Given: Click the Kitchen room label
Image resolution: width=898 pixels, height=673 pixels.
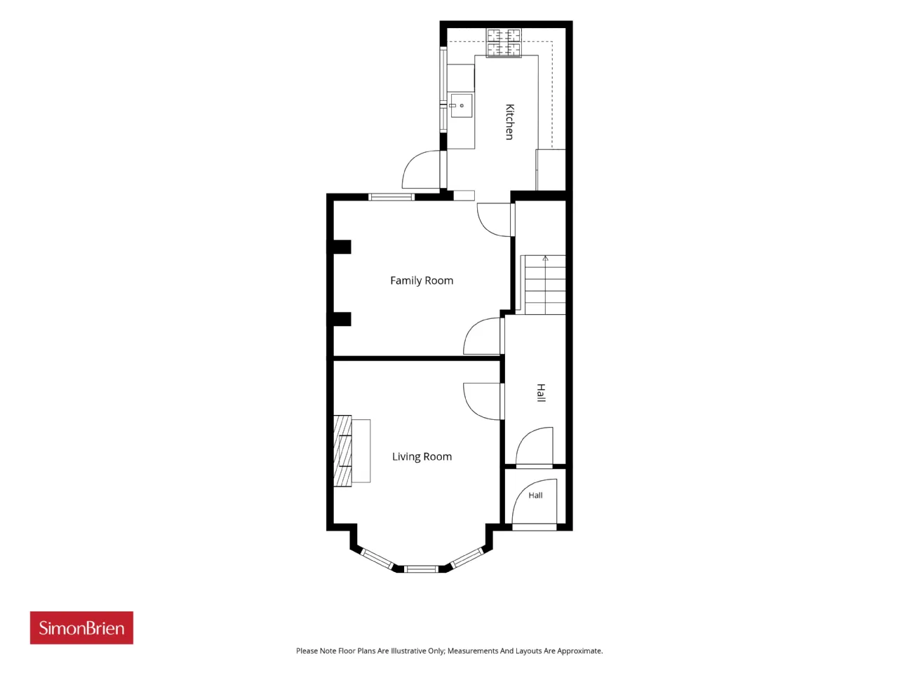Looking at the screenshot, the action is tap(509, 122).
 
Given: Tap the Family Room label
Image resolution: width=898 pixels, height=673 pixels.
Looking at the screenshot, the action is tap(422, 280).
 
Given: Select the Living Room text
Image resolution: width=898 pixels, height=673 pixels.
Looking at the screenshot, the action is tap(422, 456).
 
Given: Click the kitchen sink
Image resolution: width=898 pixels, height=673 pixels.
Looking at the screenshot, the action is tap(461, 106).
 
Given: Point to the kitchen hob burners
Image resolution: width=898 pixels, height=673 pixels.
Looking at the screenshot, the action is tap(504, 43).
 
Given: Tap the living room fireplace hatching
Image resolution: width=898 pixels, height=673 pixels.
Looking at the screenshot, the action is tap(342, 451).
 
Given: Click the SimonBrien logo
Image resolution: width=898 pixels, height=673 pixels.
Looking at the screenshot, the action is tap(81, 627).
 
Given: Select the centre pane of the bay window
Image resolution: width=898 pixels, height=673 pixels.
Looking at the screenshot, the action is tap(421, 569).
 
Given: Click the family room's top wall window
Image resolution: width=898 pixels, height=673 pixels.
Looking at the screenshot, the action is tap(391, 197).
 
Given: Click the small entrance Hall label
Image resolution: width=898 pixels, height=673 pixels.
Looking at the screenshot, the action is tap(535, 496).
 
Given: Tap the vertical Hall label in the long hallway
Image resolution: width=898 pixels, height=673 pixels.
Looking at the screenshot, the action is tap(541, 393).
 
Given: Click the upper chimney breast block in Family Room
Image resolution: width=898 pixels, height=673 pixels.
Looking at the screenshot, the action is tap(339, 247).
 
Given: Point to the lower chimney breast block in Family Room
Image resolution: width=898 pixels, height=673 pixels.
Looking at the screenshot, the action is tap(339, 319).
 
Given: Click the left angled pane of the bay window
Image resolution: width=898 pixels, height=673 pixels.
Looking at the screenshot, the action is tap(377, 559).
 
